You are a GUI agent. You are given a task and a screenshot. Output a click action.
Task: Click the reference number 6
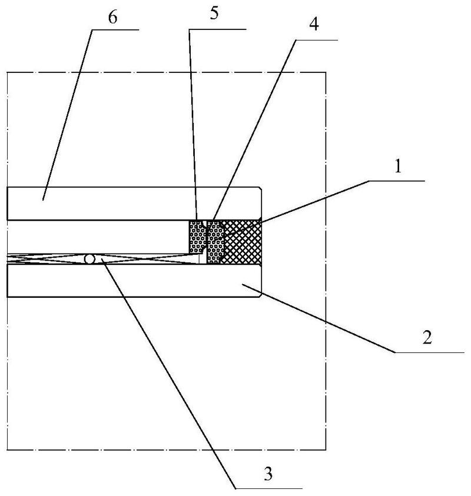tap(112, 17)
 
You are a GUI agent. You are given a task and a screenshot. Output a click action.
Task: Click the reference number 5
tap(214, 14)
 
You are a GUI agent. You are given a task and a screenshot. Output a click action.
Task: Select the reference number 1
tap(398, 167)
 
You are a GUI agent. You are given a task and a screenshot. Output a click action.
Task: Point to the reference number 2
tap(427, 338)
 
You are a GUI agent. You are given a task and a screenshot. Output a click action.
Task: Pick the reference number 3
tap(268, 474)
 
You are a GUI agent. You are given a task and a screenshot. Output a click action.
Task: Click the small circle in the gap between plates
tap(89, 259)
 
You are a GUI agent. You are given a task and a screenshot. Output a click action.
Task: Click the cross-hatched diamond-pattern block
tap(242, 242)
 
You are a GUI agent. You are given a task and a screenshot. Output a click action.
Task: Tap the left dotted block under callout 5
tap(197, 237)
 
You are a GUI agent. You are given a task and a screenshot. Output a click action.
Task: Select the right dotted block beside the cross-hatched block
tap(215, 242)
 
